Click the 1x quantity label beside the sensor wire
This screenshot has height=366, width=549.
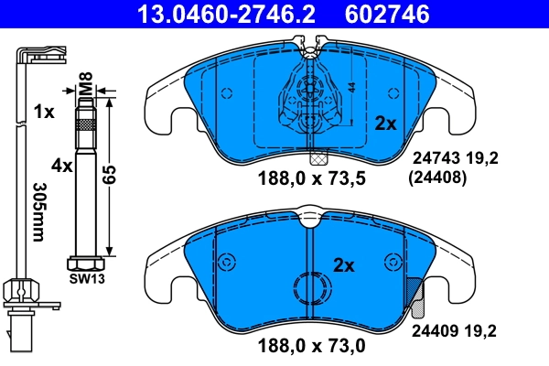click(x=43, y=112)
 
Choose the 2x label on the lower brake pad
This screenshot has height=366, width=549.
click(x=343, y=265)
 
